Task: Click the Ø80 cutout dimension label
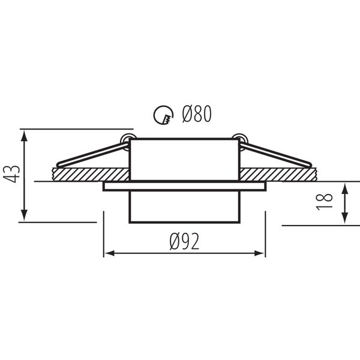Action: (x=197, y=114)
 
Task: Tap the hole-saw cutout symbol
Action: (x=163, y=115)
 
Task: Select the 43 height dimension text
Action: (x=12, y=174)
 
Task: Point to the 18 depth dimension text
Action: (x=324, y=202)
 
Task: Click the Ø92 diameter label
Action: (x=184, y=241)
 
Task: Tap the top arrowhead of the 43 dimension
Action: (x=24, y=136)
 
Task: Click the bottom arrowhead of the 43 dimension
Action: (x=24, y=215)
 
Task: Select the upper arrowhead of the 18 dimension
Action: (x=344, y=188)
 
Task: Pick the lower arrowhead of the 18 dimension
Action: (x=344, y=218)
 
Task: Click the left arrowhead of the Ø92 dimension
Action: (x=109, y=253)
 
